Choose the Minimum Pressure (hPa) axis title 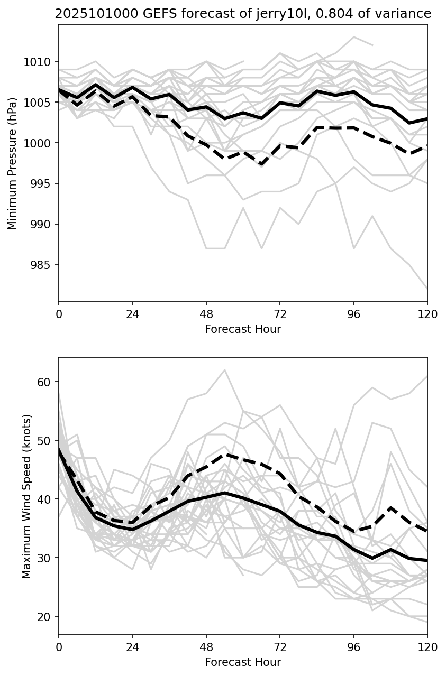point(12,163)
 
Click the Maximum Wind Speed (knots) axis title point(26,496)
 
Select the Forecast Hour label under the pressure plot point(243,329)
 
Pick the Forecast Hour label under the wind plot point(243,662)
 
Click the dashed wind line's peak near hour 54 point(225,454)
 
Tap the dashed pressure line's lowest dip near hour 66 point(261,164)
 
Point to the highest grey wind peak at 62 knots point(224,370)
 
